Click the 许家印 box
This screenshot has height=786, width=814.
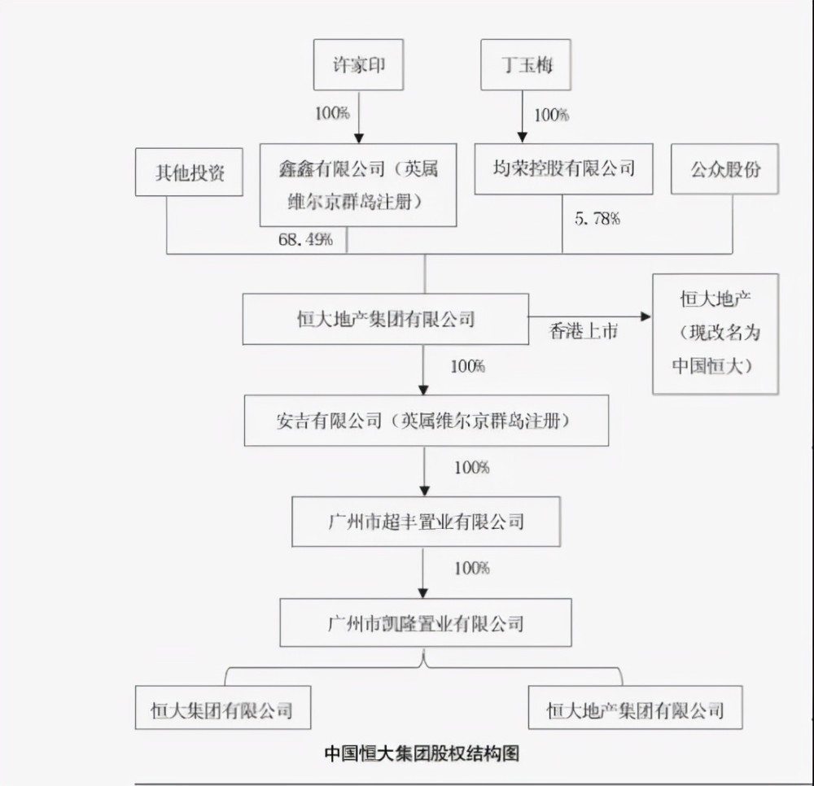coord(358,65)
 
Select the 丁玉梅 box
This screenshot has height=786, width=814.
coord(526,65)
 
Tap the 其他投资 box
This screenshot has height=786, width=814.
coord(189,172)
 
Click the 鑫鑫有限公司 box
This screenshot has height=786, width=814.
coord(358,186)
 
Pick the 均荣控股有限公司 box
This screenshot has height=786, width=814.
coord(564,169)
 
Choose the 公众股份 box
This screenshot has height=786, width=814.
coord(724,169)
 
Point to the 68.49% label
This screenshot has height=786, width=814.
coord(305,239)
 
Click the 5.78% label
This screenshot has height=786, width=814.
coord(597,218)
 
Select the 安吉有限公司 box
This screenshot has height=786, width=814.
coord(427,420)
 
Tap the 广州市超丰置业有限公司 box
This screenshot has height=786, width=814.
coord(427,522)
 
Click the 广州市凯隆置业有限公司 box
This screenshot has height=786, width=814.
coord(426,622)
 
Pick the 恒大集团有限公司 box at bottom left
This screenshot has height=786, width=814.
coord(223,708)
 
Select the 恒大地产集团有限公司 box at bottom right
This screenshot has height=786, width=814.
coord(636,708)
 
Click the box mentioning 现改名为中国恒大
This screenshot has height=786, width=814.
coord(716,334)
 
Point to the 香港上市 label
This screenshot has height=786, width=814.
coord(584,331)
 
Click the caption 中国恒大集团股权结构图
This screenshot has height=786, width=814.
coord(422,753)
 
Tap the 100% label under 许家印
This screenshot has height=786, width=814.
coord(332,112)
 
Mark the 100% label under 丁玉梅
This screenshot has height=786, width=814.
coord(552,115)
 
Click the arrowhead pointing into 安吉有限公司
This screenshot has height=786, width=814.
coord(423,390)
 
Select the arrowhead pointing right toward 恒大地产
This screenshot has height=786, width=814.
coord(646,317)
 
